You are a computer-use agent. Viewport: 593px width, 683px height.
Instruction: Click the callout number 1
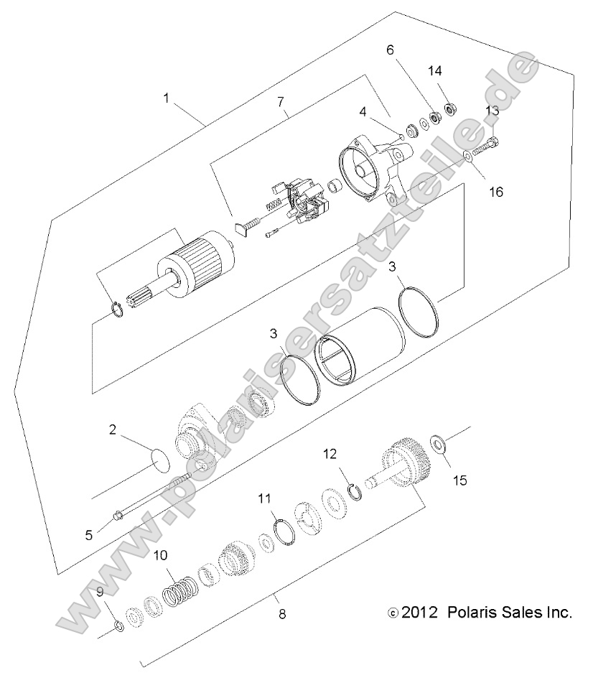coord(167,98)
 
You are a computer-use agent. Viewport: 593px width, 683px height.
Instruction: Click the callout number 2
coord(113,430)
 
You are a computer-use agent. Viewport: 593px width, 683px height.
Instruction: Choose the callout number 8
coord(282,614)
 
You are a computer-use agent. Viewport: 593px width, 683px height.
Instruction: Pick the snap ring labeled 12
coord(354,491)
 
